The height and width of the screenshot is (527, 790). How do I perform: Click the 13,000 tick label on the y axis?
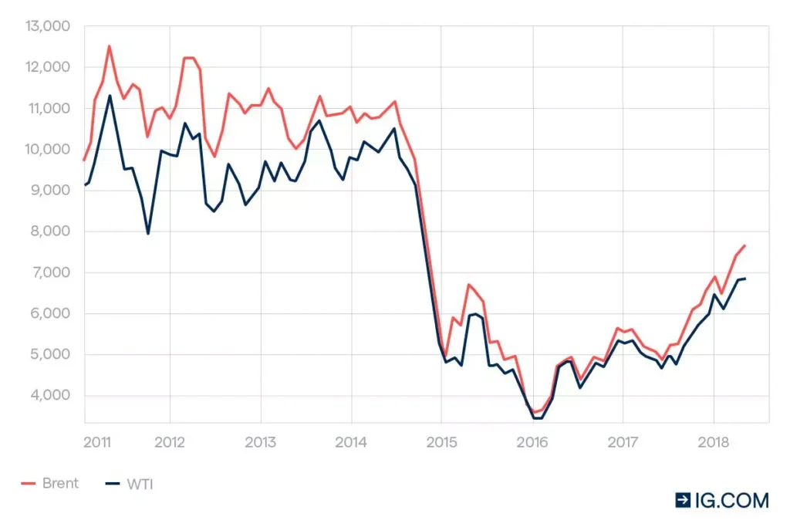pos(49,26)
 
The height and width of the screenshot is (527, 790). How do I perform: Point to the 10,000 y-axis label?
pos(49,149)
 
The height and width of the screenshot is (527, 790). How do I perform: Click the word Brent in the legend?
pos(60,484)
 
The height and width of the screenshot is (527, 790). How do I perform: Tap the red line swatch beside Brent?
pos(29,484)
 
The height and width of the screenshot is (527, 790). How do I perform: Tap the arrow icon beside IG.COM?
pos(683,501)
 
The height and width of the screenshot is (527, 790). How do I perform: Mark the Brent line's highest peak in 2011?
pos(109,46)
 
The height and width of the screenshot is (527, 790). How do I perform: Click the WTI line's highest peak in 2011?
pos(110,96)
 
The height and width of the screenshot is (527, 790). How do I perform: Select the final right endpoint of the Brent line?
pos(745,245)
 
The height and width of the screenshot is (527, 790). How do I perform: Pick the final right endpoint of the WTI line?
pos(745,279)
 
